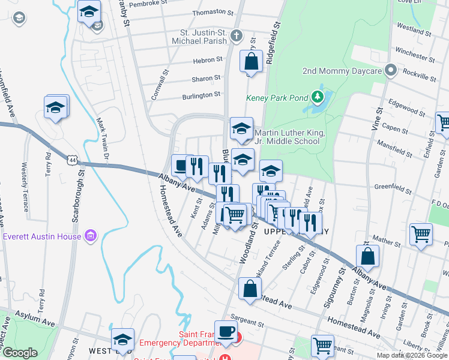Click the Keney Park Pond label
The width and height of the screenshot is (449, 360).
[276, 98]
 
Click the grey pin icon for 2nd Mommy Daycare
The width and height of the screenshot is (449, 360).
[391, 70]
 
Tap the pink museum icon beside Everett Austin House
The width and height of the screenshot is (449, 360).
[91, 235]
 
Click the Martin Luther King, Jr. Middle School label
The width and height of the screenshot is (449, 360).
[290, 137]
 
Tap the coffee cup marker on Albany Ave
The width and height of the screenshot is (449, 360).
[181, 165]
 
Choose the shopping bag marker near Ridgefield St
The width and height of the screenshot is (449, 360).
[251, 61]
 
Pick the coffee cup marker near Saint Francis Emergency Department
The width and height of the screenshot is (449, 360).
[226, 332]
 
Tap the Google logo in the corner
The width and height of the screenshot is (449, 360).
[19, 353]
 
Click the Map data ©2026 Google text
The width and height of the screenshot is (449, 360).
[412, 355]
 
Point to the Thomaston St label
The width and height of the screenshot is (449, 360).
[212, 12]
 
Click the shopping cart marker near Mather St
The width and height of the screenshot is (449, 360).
[421, 234]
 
